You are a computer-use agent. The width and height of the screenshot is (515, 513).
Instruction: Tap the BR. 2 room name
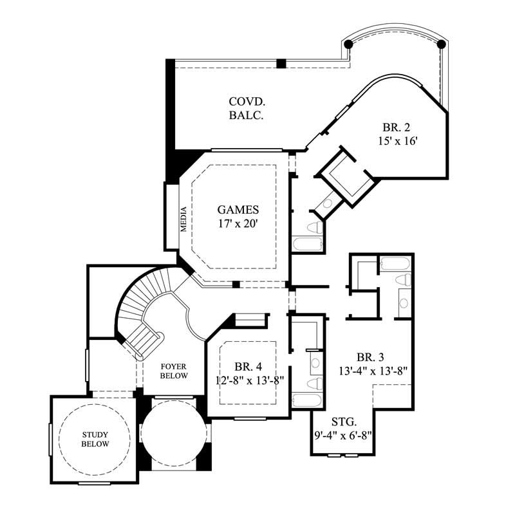click(394, 127)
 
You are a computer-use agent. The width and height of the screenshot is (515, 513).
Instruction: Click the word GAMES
click(238, 209)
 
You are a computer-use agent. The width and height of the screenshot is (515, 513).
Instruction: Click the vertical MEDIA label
click(183, 217)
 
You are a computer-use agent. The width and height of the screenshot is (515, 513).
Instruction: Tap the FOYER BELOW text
click(174, 371)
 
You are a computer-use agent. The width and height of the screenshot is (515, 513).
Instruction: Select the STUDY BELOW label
click(95, 439)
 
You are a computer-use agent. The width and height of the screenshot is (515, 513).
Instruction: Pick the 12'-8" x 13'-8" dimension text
click(250, 380)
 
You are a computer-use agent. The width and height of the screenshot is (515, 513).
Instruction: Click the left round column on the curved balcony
click(348, 44)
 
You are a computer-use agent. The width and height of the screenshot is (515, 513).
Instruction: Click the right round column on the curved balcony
click(442, 44)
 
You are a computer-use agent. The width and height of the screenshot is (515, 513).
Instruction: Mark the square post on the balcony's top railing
click(281, 63)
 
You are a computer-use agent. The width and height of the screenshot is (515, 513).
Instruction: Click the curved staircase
click(138, 309)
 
